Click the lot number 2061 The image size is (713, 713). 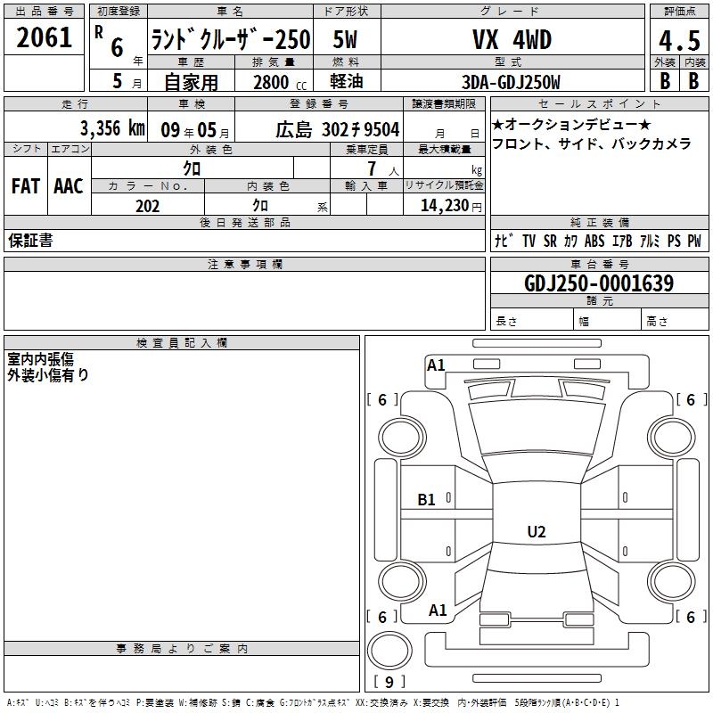(x=44, y=37)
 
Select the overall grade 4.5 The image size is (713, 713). (x=679, y=40)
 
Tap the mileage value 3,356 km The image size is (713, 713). (x=112, y=128)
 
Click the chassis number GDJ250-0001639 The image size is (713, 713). (x=599, y=283)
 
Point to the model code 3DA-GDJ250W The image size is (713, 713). (x=511, y=82)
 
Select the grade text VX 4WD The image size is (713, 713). (x=512, y=39)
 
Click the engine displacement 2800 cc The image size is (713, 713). (x=280, y=82)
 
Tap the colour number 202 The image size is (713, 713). (x=147, y=206)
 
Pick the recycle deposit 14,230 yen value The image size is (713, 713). (x=451, y=206)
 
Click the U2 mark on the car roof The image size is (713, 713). (x=537, y=531)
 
